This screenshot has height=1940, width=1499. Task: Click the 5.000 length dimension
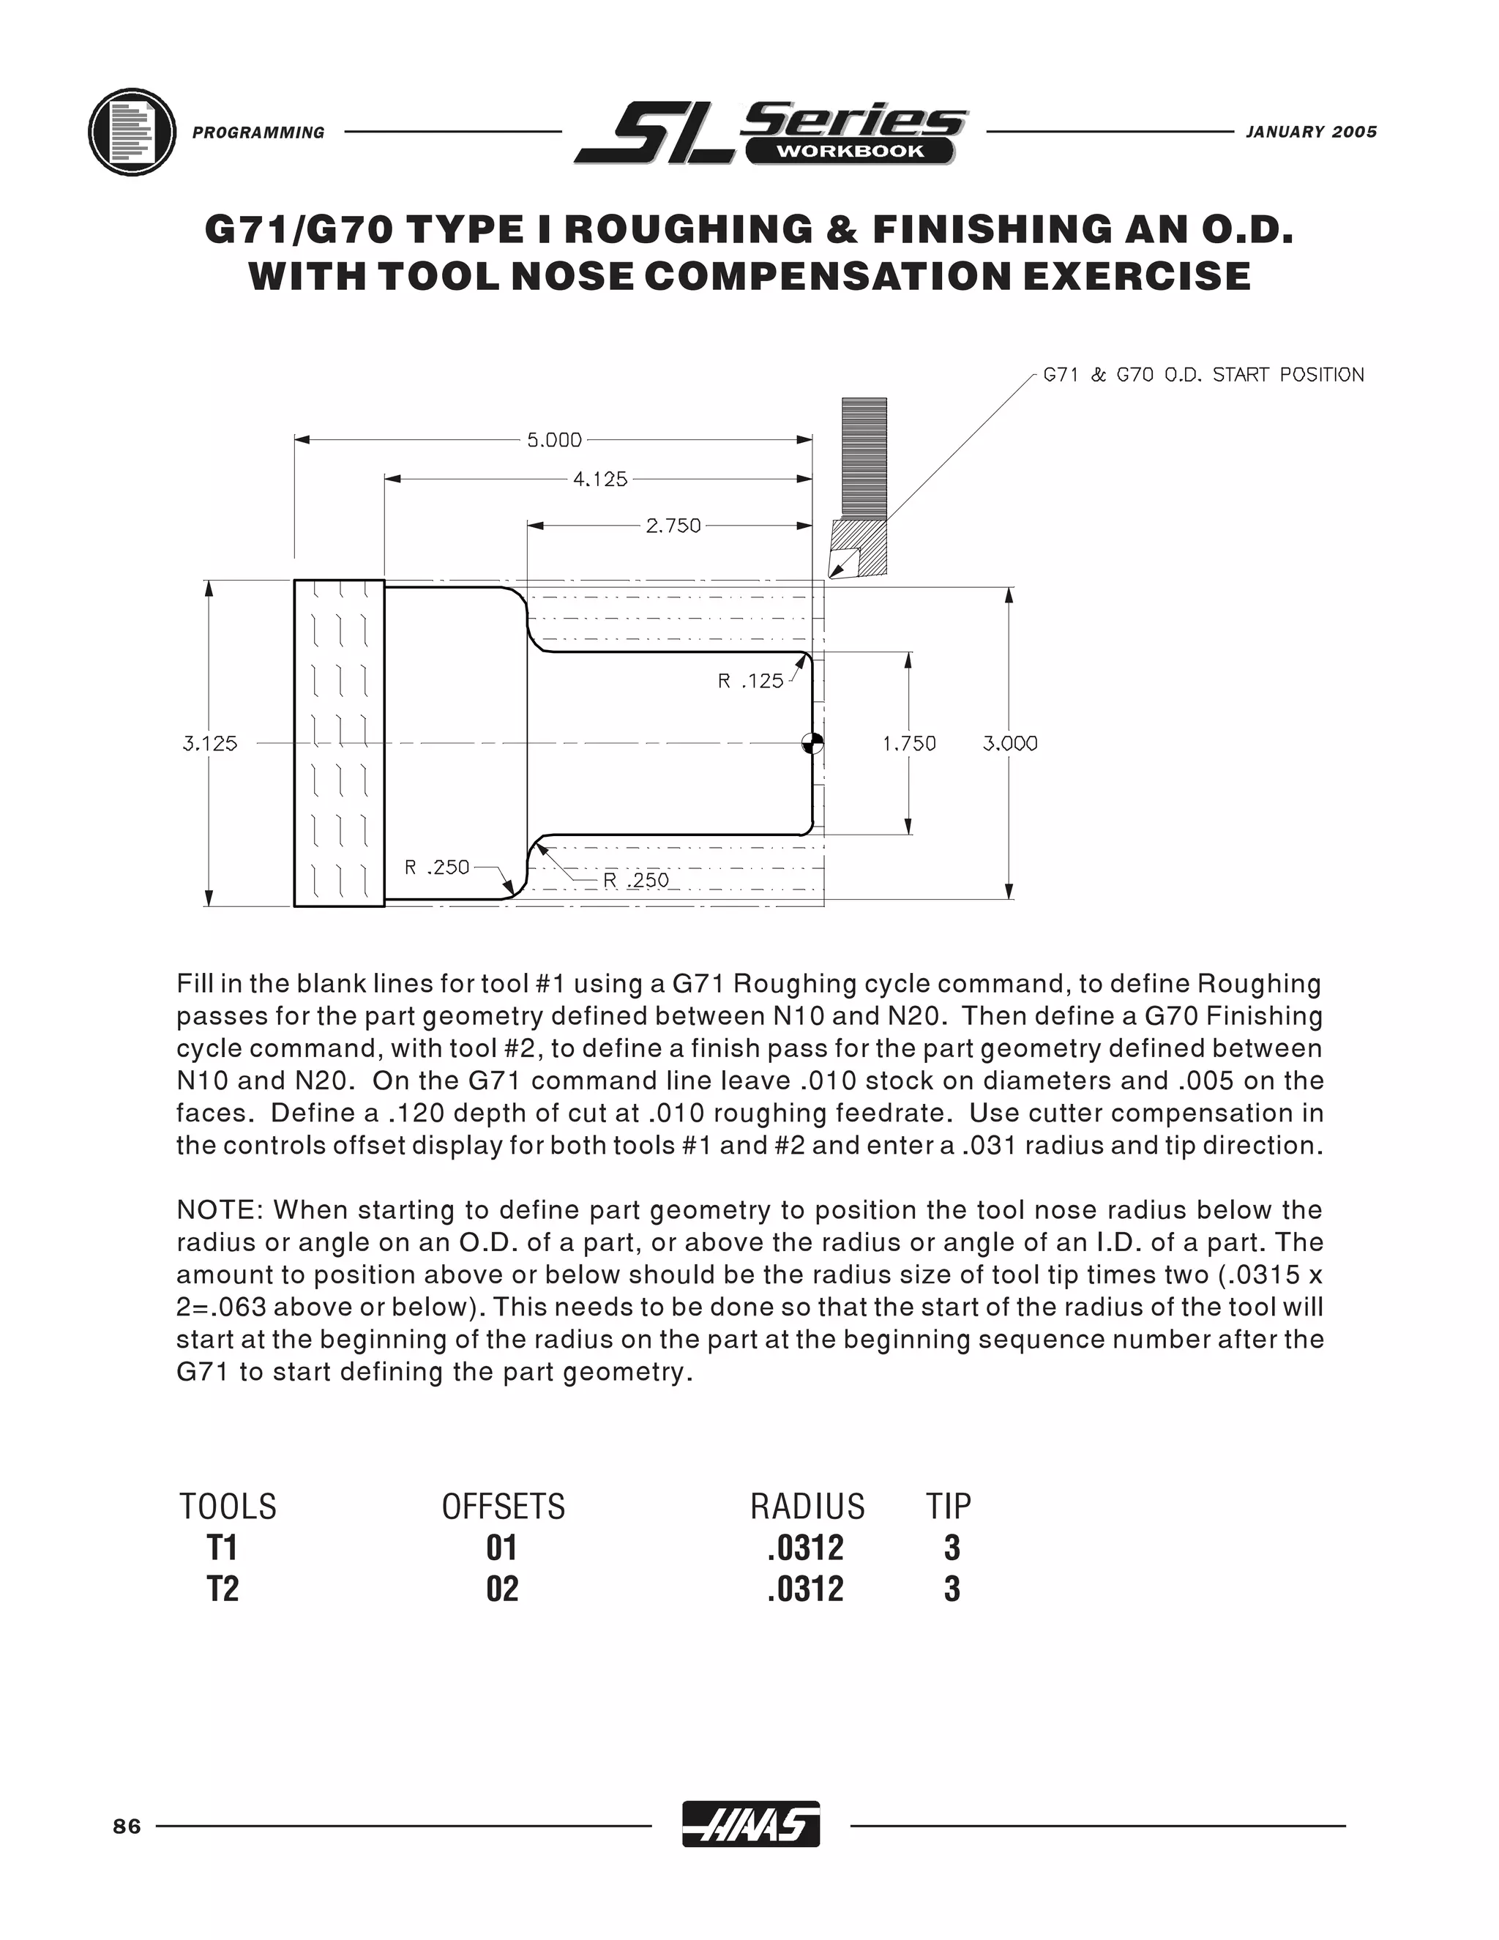tap(554, 440)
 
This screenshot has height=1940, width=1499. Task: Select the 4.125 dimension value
tap(600, 480)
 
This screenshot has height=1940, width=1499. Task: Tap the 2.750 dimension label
tap(673, 526)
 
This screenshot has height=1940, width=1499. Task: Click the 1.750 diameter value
tap(909, 744)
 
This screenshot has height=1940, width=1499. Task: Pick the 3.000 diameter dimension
tap(1009, 744)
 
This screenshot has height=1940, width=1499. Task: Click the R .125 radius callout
tap(750, 682)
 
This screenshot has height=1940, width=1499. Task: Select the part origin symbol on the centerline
tap(812, 744)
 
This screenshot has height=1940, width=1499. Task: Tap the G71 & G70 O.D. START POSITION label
tap(1203, 375)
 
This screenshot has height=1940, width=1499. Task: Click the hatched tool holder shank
tap(863, 458)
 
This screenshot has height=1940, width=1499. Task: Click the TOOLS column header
tap(228, 1507)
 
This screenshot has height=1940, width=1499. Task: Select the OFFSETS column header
tap(504, 1507)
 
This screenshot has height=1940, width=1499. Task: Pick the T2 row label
tap(223, 1589)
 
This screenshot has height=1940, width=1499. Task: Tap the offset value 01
tap(501, 1548)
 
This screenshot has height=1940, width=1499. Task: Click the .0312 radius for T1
tap(805, 1548)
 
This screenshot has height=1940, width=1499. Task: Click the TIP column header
tap(949, 1507)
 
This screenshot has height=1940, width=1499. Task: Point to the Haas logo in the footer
tap(750, 1825)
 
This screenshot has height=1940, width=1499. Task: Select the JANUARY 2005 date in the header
tap(1311, 133)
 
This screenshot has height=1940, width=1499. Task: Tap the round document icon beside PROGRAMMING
tap(132, 133)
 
